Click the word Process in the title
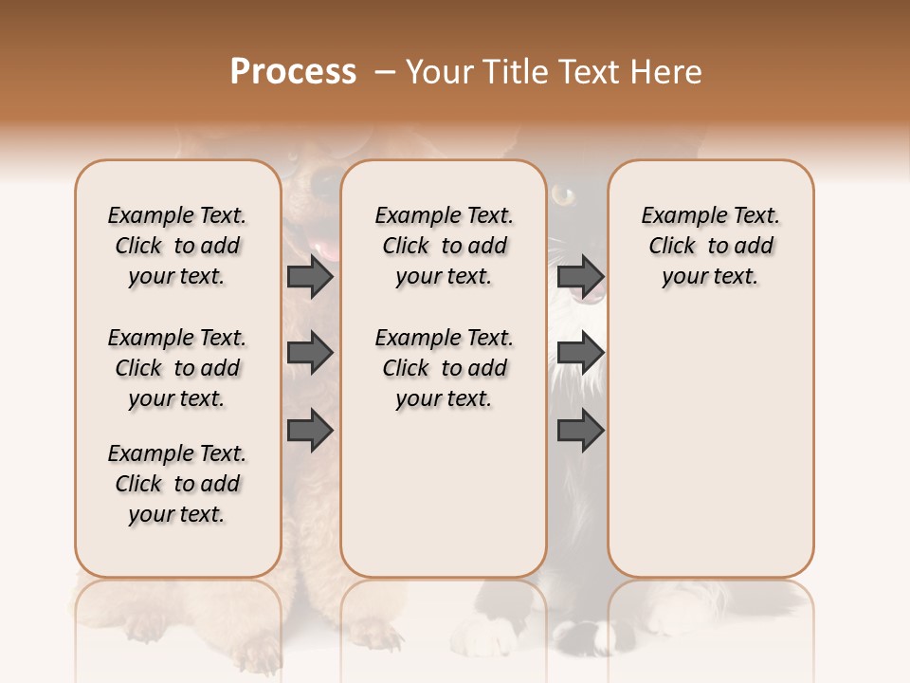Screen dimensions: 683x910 click(293, 72)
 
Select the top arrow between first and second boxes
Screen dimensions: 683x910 click(310, 276)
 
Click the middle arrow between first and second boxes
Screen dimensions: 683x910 click(310, 353)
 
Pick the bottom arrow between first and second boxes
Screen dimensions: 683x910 click(310, 431)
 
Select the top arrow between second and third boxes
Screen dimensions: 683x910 click(580, 276)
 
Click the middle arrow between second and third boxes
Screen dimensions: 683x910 click(580, 353)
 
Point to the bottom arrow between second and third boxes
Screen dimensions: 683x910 click(580, 431)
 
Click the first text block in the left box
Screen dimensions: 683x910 click(177, 246)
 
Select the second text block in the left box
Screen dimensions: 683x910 click(177, 368)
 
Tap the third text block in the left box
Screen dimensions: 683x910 click(177, 484)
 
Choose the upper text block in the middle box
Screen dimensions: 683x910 click(444, 246)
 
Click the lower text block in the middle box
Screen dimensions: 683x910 click(444, 368)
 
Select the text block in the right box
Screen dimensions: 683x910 click(711, 246)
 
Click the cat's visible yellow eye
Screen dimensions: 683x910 click(564, 196)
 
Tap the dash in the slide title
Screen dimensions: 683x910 click(385, 72)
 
